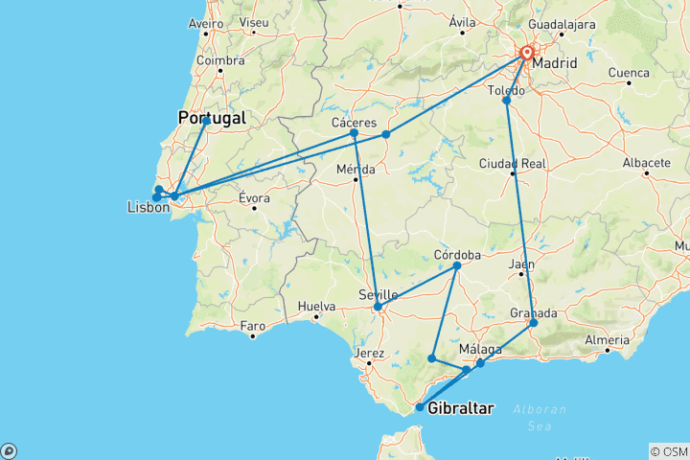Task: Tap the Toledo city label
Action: click(x=507, y=91)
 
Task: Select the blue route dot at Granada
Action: click(x=534, y=323)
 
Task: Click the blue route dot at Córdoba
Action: click(x=456, y=265)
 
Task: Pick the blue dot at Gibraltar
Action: click(x=420, y=407)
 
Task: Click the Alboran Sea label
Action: click(x=540, y=409)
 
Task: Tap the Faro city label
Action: click(x=252, y=327)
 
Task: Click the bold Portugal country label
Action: click(x=212, y=119)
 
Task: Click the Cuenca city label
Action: click(x=629, y=72)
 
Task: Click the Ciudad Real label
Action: click(x=514, y=164)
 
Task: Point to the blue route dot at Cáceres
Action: click(x=354, y=133)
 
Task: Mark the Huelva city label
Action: click(x=316, y=308)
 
